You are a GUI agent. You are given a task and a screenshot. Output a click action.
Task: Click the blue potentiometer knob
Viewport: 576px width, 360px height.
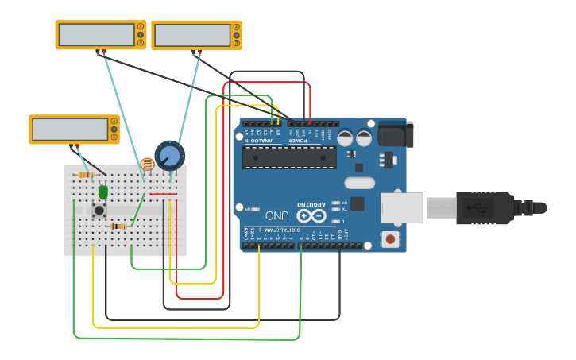[x=169, y=155]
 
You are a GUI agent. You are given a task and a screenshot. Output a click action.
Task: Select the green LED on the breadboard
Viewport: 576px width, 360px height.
[x=103, y=192]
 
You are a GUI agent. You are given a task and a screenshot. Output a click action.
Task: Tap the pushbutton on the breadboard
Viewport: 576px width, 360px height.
[x=99, y=211]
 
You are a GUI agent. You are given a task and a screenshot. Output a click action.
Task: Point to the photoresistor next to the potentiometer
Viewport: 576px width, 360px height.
[x=146, y=165]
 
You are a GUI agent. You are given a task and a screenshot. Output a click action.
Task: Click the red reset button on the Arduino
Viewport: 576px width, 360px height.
[x=390, y=238]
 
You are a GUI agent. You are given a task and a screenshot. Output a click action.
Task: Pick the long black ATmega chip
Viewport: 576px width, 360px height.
[x=289, y=157]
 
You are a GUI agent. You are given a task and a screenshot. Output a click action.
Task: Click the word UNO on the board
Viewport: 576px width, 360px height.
[x=276, y=215]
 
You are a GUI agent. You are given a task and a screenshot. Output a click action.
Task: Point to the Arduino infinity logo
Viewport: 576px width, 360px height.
[x=311, y=215]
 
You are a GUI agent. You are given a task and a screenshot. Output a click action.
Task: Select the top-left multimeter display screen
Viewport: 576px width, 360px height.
[x=96, y=35]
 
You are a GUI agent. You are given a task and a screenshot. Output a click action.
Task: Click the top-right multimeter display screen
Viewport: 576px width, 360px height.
[x=191, y=35]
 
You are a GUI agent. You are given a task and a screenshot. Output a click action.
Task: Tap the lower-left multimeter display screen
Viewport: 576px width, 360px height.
[x=70, y=129]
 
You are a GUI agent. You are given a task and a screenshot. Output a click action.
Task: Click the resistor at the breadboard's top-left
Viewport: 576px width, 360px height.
[x=87, y=175]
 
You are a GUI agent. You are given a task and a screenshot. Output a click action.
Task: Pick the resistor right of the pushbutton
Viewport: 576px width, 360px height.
[x=118, y=226]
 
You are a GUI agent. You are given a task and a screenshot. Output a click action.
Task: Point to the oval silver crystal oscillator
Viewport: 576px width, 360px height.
[x=359, y=183]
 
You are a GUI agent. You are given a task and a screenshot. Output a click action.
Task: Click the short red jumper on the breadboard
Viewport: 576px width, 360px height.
[x=163, y=194]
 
